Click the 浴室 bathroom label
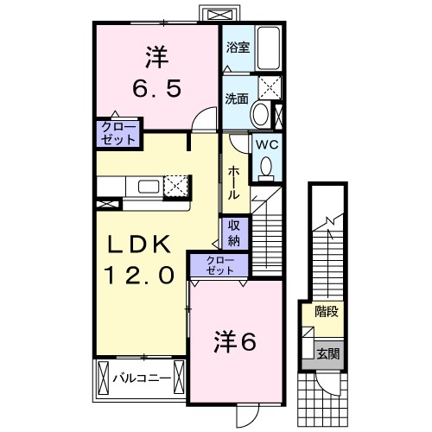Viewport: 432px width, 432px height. click(238, 48)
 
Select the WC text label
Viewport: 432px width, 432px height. click(264, 144)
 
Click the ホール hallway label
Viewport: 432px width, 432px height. click(233, 183)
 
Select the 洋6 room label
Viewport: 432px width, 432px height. click(234, 343)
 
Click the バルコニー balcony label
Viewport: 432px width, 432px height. click(142, 378)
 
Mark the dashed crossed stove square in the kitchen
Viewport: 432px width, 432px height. click(176, 186)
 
